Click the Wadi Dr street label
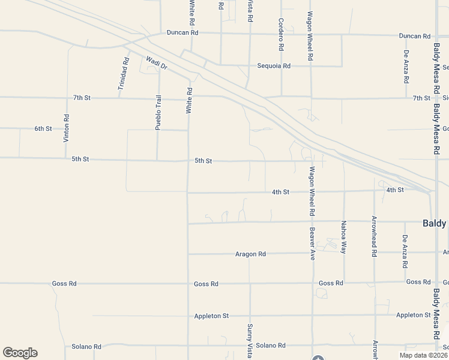pos(156,62)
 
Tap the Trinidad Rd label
pos(123,74)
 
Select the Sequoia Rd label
pos(274,66)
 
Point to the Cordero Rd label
pos(280,34)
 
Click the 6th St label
pos(43,128)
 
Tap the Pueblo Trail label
pos(158,113)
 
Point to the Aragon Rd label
pos(250,254)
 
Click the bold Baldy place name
pos(435,223)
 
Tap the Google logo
pos(20,353)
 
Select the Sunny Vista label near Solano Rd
pos(250,341)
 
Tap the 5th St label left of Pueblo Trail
pos(80,159)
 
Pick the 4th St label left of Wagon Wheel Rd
pos(280,192)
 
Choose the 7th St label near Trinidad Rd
pos(82,97)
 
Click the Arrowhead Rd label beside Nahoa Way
pos(374,236)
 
